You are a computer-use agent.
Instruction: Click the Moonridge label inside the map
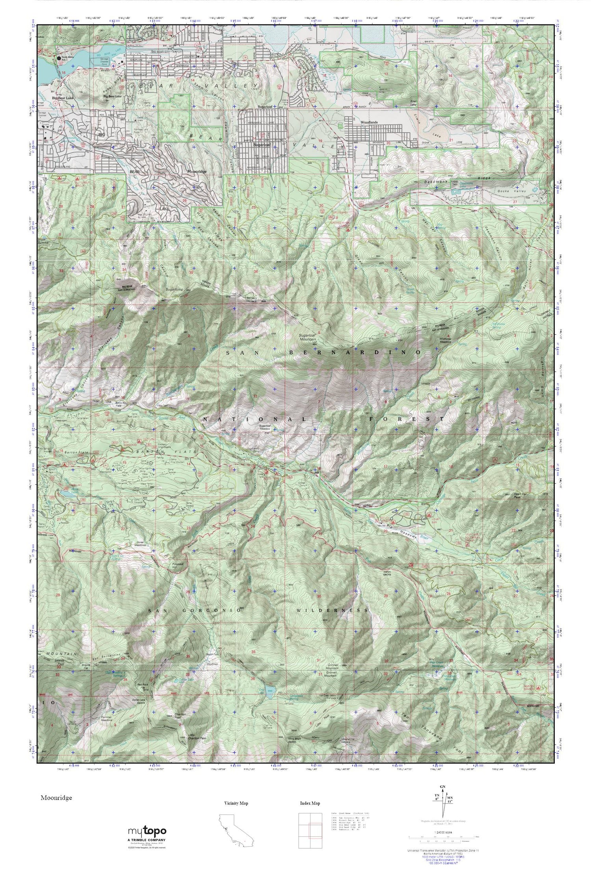tap(196, 172)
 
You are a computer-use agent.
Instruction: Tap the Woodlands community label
tap(369, 122)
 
